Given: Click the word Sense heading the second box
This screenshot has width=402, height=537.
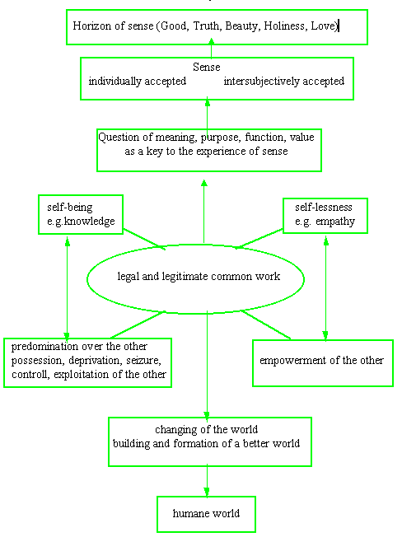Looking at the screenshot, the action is [207, 67].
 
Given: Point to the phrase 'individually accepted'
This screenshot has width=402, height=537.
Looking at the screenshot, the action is [138, 82].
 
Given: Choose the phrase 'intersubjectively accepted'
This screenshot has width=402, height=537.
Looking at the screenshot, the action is [284, 82].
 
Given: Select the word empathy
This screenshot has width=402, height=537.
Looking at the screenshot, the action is [335, 222].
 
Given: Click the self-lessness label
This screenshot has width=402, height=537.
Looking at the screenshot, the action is [324, 208].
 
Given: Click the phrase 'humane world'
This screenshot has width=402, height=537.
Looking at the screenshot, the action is [206, 513].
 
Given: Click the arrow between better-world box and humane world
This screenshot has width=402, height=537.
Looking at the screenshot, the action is [207, 481].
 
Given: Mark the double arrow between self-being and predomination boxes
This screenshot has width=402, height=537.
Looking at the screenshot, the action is [67, 288].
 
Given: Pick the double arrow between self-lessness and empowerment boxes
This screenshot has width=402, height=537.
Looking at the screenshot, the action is [325, 288].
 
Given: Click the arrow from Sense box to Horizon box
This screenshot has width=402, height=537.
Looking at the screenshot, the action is [211, 48].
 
